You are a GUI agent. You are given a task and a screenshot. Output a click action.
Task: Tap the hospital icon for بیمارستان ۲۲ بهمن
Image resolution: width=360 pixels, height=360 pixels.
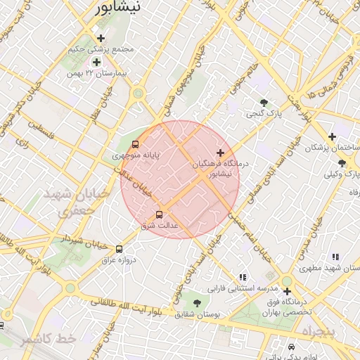(x=96, y=63)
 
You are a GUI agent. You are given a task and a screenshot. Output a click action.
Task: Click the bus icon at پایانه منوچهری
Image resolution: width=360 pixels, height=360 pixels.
(x=135, y=144)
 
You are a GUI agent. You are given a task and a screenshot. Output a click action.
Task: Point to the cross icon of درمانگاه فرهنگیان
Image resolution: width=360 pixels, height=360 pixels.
(x=221, y=153)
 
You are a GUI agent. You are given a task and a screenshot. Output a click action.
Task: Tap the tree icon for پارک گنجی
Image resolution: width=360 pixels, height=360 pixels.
(x=264, y=103)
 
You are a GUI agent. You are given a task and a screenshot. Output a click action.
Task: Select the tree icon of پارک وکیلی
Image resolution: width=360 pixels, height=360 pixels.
(x=342, y=163)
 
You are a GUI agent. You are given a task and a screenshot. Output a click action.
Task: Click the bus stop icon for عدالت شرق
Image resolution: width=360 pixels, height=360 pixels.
(x=159, y=214)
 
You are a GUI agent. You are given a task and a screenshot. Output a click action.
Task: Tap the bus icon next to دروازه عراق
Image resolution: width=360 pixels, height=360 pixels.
(x=119, y=249)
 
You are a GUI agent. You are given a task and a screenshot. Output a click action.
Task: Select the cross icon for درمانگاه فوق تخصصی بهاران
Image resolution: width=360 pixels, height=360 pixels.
(x=287, y=291)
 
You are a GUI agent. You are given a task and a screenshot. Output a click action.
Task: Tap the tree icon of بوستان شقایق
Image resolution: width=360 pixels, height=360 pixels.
(x=196, y=302)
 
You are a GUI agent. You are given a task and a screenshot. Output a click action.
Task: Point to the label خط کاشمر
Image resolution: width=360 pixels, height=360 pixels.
(x=47, y=340)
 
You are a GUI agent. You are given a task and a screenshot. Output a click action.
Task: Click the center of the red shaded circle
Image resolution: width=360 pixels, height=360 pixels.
(x=180, y=179)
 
